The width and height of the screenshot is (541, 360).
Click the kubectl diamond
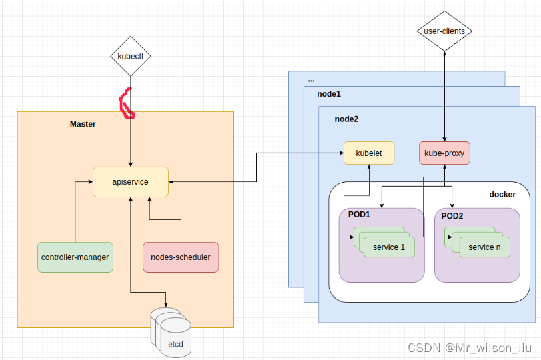point(130,56)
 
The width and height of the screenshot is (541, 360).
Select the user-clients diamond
point(444,31)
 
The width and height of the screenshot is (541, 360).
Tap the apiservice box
point(130,181)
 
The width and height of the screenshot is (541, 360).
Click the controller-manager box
point(75,257)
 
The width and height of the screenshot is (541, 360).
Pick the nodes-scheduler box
point(181,257)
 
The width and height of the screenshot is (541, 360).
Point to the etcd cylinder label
point(175,344)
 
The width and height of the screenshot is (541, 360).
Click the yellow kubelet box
point(369,153)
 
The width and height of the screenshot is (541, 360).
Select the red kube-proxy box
point(444,153)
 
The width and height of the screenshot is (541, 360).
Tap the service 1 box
point(389,247)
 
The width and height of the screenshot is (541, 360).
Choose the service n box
point(484,247)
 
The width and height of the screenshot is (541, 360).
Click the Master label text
point(83,124)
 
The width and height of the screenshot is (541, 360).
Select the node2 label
point(346,118)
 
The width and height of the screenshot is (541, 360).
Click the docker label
point(502,194)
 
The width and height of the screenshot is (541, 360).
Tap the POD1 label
point(358,216)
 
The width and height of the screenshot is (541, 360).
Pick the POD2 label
point(452,216)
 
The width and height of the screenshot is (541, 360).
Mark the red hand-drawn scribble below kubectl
point(126,104)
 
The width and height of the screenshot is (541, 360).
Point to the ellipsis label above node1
point(311,79)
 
